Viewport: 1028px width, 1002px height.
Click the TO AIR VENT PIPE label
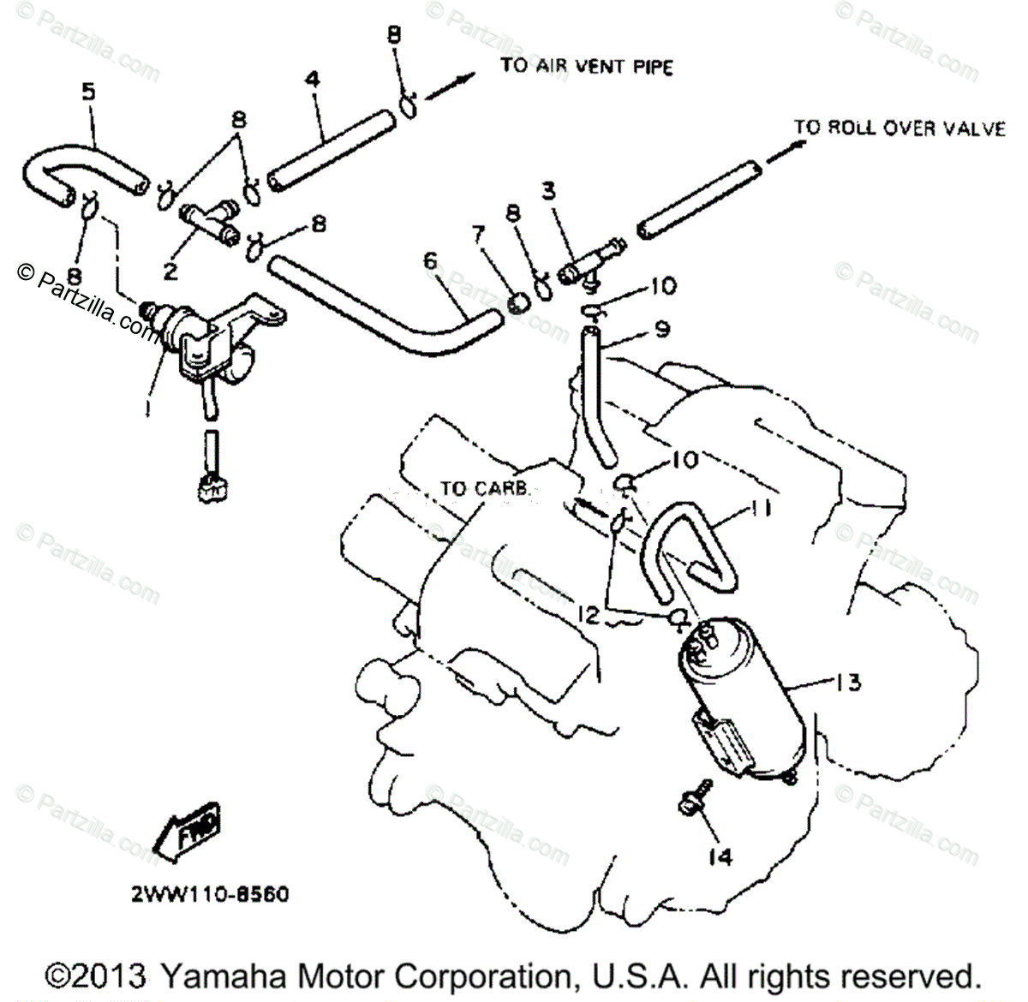click(587, 66)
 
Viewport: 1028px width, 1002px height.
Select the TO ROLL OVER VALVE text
click(899, 128)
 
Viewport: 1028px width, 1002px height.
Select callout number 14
click(722, 856)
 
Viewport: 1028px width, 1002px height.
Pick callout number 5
click(88, 92)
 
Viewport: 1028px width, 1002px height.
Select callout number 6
click(430, 260)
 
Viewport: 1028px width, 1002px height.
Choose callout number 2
click(170, 271)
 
